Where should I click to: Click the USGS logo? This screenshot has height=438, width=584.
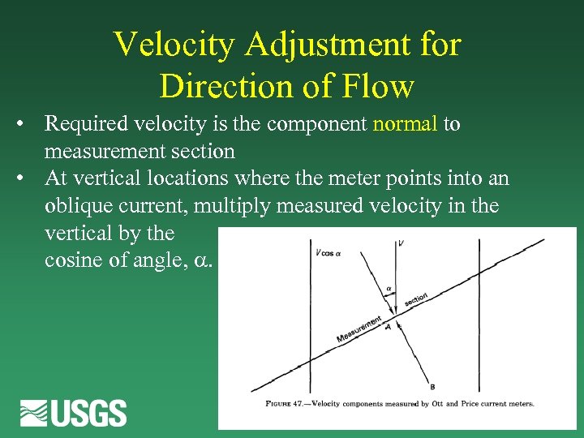74,413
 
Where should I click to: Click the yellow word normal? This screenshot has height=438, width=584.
405,124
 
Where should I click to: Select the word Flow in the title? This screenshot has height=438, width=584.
380,85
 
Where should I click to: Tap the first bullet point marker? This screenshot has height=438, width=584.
27,124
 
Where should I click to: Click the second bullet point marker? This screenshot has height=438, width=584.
27,178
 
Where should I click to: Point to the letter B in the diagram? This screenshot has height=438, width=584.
432,387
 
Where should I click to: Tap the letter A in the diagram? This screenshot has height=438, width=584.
388,327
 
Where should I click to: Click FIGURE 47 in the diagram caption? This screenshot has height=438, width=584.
288,403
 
